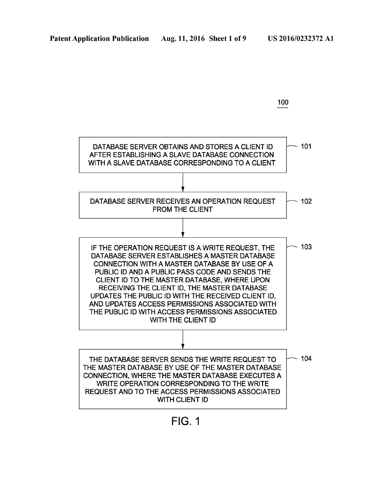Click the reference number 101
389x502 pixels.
[306, 146]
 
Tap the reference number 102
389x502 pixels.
[306, 201]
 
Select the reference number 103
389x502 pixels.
[306, 247]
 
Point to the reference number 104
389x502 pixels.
[306, 358]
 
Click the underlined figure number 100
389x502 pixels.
[283, 102]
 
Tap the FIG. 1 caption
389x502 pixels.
[185, 422]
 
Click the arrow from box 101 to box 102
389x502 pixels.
[183, 182]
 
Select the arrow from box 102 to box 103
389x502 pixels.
[183, 228]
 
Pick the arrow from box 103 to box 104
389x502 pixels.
[183, 340]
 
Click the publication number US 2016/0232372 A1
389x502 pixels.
[301, 39]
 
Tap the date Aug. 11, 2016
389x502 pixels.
[183, 39]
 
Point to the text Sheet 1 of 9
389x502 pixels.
[228, 39]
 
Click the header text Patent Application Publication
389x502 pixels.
[99, 39]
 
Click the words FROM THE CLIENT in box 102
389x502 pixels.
[183, 209]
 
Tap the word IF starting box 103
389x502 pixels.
[93, 248]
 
